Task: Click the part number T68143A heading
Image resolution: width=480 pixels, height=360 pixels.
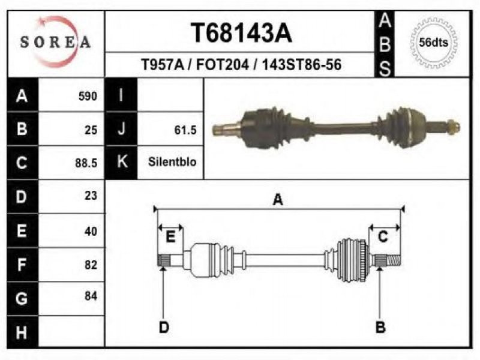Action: pyautogui.click(x=241, y=33)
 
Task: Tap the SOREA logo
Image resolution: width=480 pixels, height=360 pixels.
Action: pyautogui.click(x=56, y=42)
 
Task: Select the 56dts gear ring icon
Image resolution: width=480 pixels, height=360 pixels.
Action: pyautogui.click(x=433, y=42)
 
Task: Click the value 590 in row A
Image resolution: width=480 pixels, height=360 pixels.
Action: pyautogui.click(x=88, y=96)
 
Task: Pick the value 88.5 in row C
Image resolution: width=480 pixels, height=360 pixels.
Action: pyautogui.click(x=86, y=163)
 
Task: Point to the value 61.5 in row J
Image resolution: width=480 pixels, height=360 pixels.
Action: pyautogui.click(x=185, y=130)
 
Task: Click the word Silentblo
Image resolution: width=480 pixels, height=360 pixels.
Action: pyautogui.click(x=172, y=161)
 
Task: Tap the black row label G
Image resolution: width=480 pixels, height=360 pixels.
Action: pyautogui.click(x=22, y=298)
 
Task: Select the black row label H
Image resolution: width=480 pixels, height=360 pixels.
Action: pyautogui.click(x=22, y=332)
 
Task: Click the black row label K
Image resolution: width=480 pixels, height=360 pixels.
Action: pyautogui.click(x=122, y=162)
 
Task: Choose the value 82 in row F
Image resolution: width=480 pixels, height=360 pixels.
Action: pyautogui.click(x=91, y=265)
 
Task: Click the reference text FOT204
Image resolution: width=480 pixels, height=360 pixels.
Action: pyautogui.click(x=222, y=65)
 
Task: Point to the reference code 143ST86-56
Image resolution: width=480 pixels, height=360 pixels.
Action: pyautogui.click(x=302, y=65)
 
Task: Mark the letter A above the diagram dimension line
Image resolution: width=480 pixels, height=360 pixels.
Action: pyautogui.click(x=278, y=200)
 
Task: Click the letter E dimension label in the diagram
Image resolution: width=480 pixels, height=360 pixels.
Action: pyautogui.click(x=170, y=236)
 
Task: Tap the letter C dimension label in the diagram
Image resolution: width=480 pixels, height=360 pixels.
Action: pyautogui.click(x=383, y=237)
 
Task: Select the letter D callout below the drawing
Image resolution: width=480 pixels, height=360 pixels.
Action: pyautogui.click(x=164, y=327)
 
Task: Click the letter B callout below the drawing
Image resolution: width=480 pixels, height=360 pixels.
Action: pyautogui.click(x=380, y=327)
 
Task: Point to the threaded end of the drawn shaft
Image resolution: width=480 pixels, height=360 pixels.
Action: pyautogui.click(x=394, y=260)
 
